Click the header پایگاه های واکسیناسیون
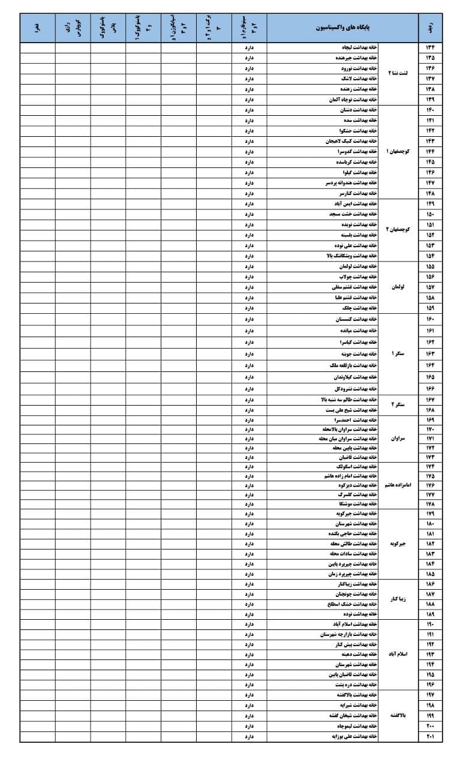(x=343, y=28)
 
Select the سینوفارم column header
(x=249, y=28)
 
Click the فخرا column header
(x=37, y=28)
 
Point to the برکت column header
(x=214, y=28)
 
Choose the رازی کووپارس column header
(x=73, y=28)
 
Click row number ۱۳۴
(x=430, y=48)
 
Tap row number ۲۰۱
(x=430, y=736)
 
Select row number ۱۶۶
(x=430, y=388)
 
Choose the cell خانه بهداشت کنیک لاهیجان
(x=348, y=141)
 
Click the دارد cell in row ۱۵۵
(x=249, y=266)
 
